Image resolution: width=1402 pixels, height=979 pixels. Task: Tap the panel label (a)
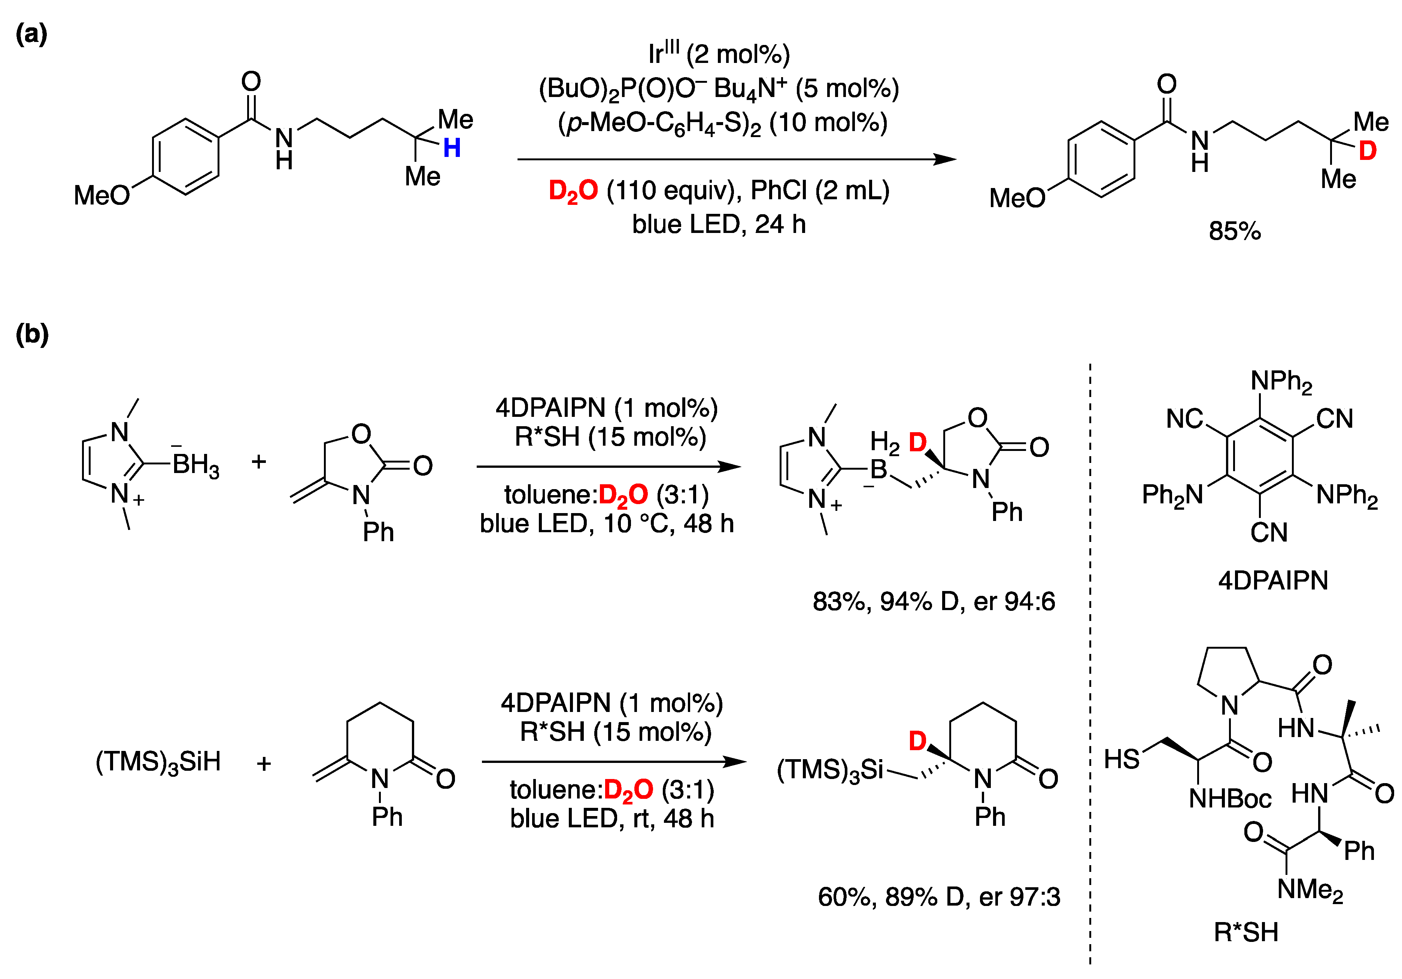[32, 34]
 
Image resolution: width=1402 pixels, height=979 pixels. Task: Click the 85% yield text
[1235, 231]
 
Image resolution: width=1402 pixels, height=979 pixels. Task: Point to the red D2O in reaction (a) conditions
[573, 191]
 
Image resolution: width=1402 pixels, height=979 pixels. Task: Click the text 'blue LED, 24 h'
[719, 224]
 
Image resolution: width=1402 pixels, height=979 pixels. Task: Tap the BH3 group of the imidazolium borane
[195, 466]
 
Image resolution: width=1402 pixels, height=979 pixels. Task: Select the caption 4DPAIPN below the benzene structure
[1273, 580]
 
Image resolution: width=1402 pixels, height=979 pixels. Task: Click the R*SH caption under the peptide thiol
[1246, 933]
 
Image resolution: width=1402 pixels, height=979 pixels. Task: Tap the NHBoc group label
[1230, 798]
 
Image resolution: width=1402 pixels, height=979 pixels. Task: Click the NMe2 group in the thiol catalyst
[1310, 890]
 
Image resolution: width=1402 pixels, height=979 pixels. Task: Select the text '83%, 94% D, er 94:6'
[934, 601]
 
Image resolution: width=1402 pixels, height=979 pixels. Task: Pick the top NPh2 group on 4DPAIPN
[1281, 382]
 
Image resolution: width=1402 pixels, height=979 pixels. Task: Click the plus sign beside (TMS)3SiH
[264, 763]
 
